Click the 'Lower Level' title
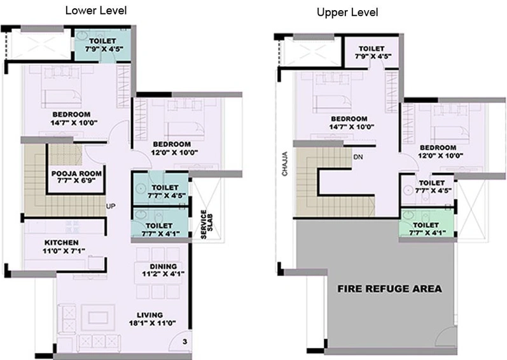click(x=96, y=10)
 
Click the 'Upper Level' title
click(x=347, y=12)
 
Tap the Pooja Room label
click(x=76, y=177)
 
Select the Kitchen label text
click(x=63, y=246)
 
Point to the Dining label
click(x=163, y=270)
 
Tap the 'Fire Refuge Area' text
click(x=389, y=289)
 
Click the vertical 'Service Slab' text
click(x=207, y=225)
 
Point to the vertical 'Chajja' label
click(x=284, y=164)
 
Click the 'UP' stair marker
click(x=111, y=206)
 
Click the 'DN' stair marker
click(x=358, y=157)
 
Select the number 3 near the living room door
click(x=184, y=342)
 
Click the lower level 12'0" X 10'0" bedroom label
click(x=174, y=148)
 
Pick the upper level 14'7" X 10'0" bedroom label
click(x=352, y=123)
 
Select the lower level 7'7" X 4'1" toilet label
click(x=160, y=230)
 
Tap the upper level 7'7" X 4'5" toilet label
click(x=433, y=187)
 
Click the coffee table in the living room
click(x=99, y=317)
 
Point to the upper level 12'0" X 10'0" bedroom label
click(x=440, y=151)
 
